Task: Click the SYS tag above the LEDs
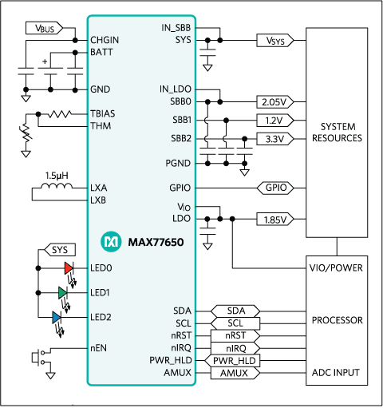pos(60,250)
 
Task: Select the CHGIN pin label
pos(105,39)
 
